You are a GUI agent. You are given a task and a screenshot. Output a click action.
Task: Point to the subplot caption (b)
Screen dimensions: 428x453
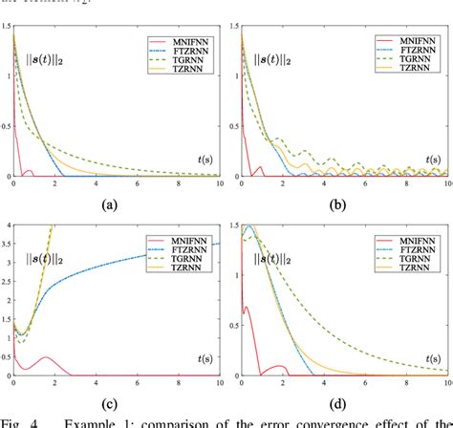pos(336,203)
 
